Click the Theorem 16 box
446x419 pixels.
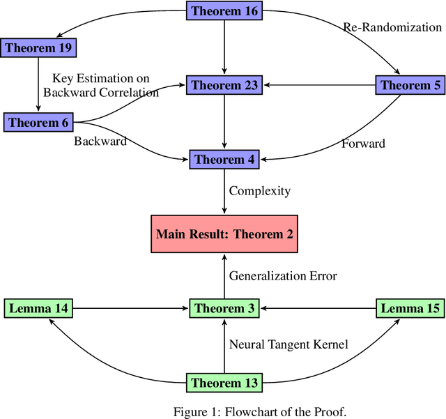224,10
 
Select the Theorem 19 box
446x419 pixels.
38,48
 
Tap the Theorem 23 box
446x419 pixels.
224,86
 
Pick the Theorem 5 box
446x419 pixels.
409,86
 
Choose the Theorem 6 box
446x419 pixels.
38,123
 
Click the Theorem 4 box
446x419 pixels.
224,160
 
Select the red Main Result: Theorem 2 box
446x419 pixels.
224,234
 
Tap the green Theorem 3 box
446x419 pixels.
224,308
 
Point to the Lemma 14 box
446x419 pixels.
38,308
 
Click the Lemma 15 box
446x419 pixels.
409,308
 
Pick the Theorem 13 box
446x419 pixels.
224,383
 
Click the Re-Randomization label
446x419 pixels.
392,28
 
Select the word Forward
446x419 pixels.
364,144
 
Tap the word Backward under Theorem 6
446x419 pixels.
100,142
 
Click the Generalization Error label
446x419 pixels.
283,276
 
